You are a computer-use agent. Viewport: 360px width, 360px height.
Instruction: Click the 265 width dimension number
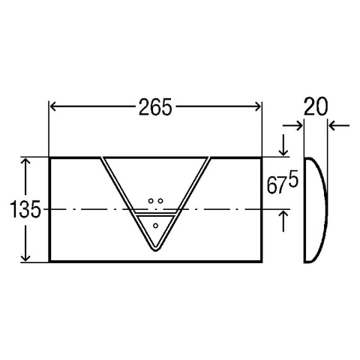point(155,107)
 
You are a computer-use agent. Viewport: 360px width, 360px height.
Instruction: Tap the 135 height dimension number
point(25,208)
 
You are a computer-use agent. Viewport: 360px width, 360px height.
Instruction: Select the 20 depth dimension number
point(315,106)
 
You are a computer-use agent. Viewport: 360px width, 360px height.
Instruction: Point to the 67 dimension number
point(276,185)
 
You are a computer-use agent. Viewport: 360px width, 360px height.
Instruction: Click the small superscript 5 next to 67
point(293,180)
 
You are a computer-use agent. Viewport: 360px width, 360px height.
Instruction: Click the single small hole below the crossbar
point(155,226)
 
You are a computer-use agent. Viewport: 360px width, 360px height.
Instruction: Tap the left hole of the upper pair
point(151,201)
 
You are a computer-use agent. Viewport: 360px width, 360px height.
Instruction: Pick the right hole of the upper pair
point(160,201)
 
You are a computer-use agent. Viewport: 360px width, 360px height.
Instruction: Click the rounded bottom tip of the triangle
point(155,250)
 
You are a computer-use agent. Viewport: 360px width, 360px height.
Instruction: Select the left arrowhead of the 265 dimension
point(52,106)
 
